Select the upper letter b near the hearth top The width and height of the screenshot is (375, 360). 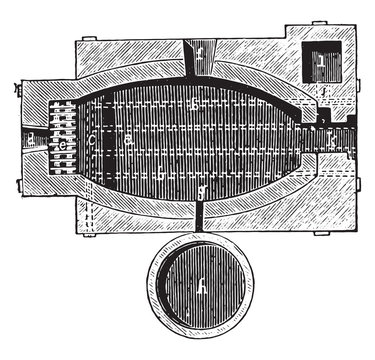point(196,103)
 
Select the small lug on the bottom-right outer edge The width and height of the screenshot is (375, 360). point(320,233)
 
